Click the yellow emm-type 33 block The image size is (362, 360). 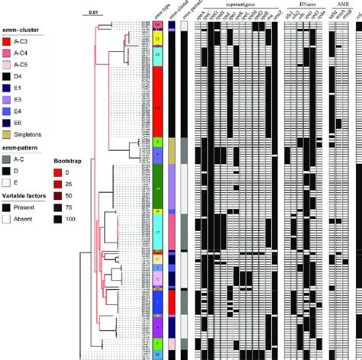157,37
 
